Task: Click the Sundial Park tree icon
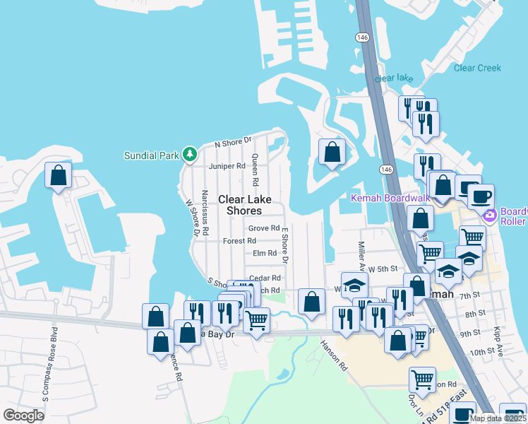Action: coord(189,153)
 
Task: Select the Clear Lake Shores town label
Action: coord(240,205)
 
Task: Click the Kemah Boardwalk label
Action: coord(390,197)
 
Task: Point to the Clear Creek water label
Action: coord(477,68)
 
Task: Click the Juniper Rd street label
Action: coord(227,167)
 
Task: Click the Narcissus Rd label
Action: coord(205,211)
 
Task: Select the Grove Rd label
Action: coord(263,228)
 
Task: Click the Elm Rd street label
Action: coord(264,253)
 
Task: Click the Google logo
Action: coord(24,416)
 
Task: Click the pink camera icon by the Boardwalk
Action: coord(488,213)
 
